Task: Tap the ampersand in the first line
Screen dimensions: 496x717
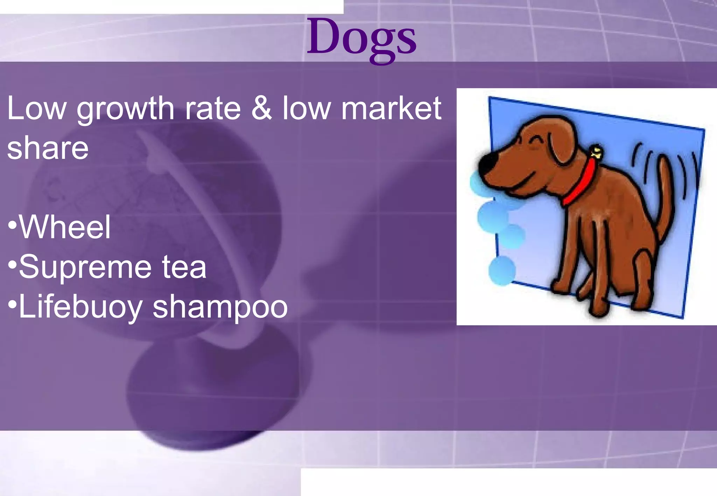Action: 261,108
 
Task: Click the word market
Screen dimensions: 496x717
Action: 391,108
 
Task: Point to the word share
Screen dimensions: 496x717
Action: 48,148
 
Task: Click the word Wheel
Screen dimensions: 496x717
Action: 65,227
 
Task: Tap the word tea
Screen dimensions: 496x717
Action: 184,267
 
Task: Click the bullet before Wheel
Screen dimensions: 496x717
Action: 12,225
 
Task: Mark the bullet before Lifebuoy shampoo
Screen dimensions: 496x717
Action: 12,304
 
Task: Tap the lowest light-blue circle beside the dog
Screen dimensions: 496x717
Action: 502,270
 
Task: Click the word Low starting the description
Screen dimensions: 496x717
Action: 36,108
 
